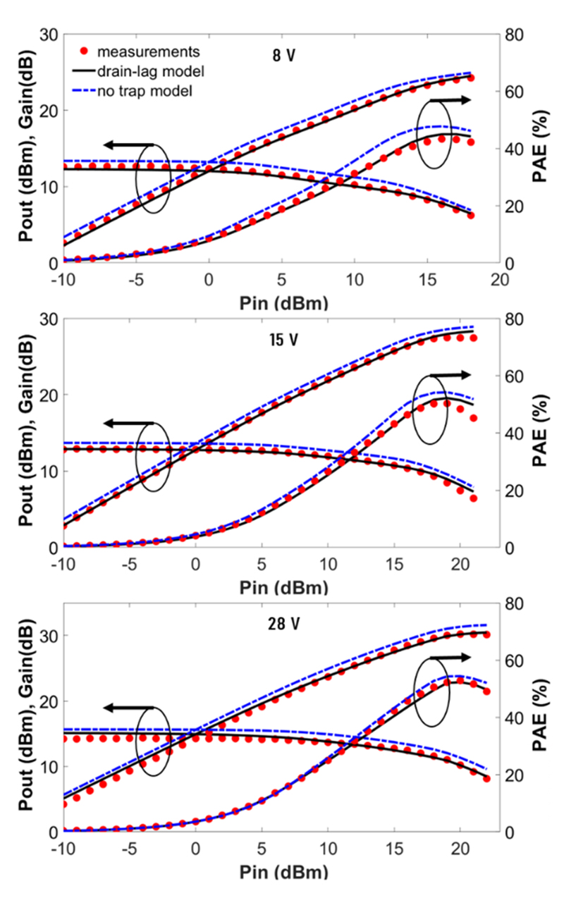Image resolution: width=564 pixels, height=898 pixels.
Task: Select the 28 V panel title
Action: (x=285, y=622)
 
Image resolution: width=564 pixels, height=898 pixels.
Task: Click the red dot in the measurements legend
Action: (x=85, y=51)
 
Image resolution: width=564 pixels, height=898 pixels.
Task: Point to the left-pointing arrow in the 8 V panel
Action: (x=128, y=144)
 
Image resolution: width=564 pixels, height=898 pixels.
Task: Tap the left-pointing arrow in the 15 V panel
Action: (x=128, y=424)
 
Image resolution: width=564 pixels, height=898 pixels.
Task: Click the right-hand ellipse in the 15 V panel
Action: (x=429, y=410)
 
